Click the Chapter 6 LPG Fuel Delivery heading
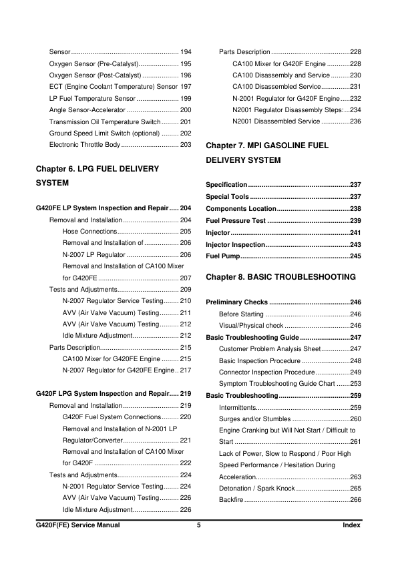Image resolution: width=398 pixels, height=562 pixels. pos(97,169)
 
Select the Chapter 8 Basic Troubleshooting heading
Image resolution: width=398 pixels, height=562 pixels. pos(281,276)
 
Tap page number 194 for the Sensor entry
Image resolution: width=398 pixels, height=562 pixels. pos(186,51)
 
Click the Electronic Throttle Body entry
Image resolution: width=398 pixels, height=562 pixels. pos(84,144)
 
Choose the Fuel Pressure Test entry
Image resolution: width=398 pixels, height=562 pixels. pos(236,220)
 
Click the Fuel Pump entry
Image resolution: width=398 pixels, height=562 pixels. pos(222,256)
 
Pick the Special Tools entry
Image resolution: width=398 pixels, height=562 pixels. pos(227,196)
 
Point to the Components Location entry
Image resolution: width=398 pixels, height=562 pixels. pos(241,208)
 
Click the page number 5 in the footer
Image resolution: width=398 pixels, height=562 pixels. pos(198,526)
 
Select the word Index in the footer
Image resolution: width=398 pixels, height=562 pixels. pos(351,526)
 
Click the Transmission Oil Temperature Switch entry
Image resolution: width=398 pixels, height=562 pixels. pos(105,121)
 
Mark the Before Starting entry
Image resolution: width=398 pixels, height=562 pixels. pos(241,314)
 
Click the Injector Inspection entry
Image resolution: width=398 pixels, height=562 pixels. pos(237,244)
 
